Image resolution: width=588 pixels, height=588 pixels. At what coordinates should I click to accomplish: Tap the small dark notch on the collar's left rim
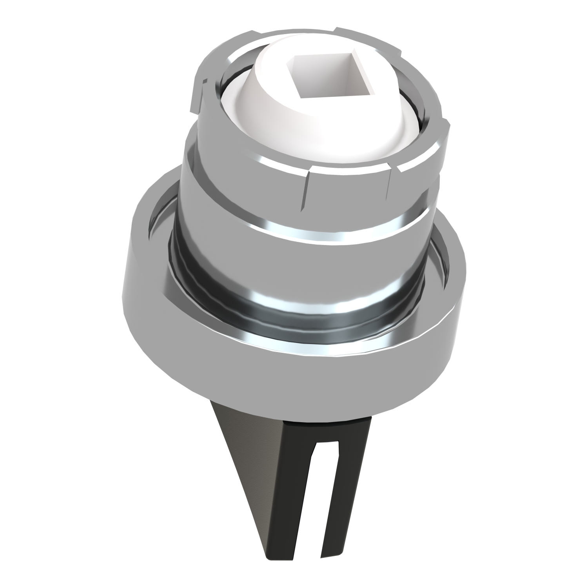pos(204,81)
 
